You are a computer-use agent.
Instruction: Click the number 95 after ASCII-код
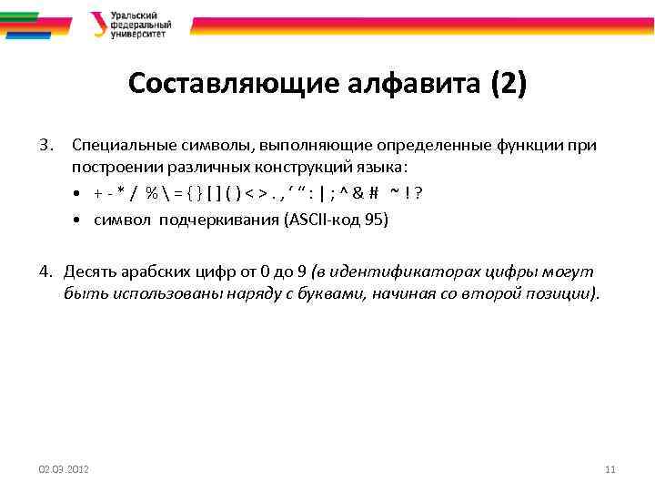click(373, 220)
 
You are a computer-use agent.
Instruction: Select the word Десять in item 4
click(89, 272)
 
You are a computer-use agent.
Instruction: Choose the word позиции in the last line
click(565, 294)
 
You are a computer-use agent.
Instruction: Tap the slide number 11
click(610, 468)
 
